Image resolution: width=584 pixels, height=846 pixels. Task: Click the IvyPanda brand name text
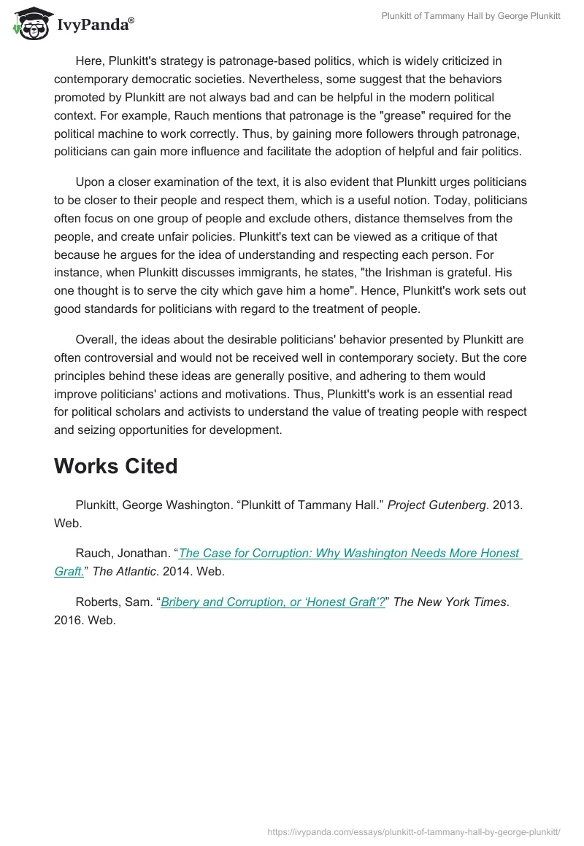95,25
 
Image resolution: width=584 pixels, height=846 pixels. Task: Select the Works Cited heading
115,466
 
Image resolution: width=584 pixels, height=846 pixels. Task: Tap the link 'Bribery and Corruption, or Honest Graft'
272,602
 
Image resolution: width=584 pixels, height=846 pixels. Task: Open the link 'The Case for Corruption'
350,554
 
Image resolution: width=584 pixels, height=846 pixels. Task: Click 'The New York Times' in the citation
450,602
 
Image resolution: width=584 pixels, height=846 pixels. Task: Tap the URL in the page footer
414,831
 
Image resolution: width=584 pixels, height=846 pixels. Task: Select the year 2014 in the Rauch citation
171,572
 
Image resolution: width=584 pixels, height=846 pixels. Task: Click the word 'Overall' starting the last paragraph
95,340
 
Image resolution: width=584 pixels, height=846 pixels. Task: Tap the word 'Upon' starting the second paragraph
89,182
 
